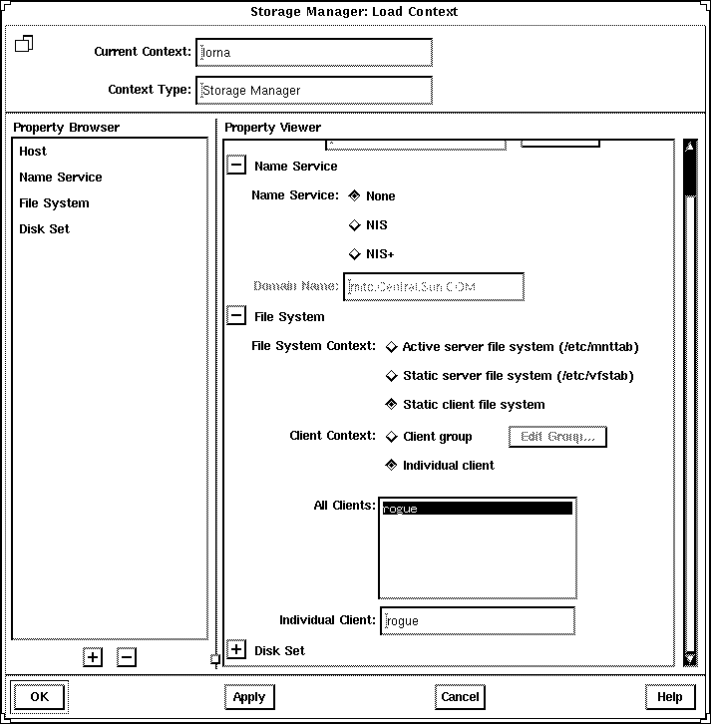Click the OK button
coord(39,697)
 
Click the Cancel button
coord(460,697)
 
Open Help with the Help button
coord(669,697)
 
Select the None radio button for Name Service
coord(355,195)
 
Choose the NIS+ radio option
coord(355,254)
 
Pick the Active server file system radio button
coord(392,347)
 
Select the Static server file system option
coord(392,376)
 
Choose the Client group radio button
coord(392,437)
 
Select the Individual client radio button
coord(392,466)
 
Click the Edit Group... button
coord(557,437)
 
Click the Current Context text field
coord(314,52)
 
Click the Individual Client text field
coord(477,620)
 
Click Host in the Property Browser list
coord(33,152)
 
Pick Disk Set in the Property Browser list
coord(44,229)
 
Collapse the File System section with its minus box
coord(236,317)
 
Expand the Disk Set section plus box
coord(236,650)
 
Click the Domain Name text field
coord(434,287)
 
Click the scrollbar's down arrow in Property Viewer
coord(689,656)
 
